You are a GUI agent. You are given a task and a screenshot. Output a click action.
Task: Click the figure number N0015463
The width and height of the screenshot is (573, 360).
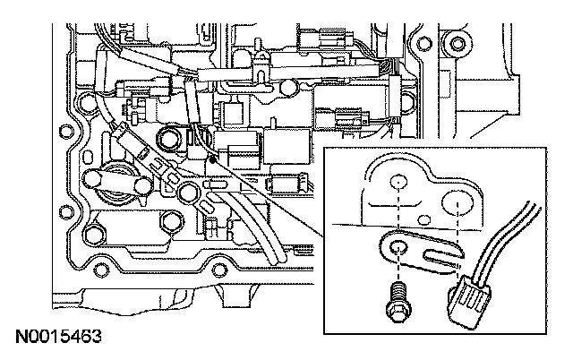[56, 338]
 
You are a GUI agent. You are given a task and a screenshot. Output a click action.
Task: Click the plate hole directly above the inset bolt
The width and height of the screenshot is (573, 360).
[397, 183]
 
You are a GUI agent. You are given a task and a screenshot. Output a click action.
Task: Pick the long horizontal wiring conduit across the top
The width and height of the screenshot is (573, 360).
[295, 71]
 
